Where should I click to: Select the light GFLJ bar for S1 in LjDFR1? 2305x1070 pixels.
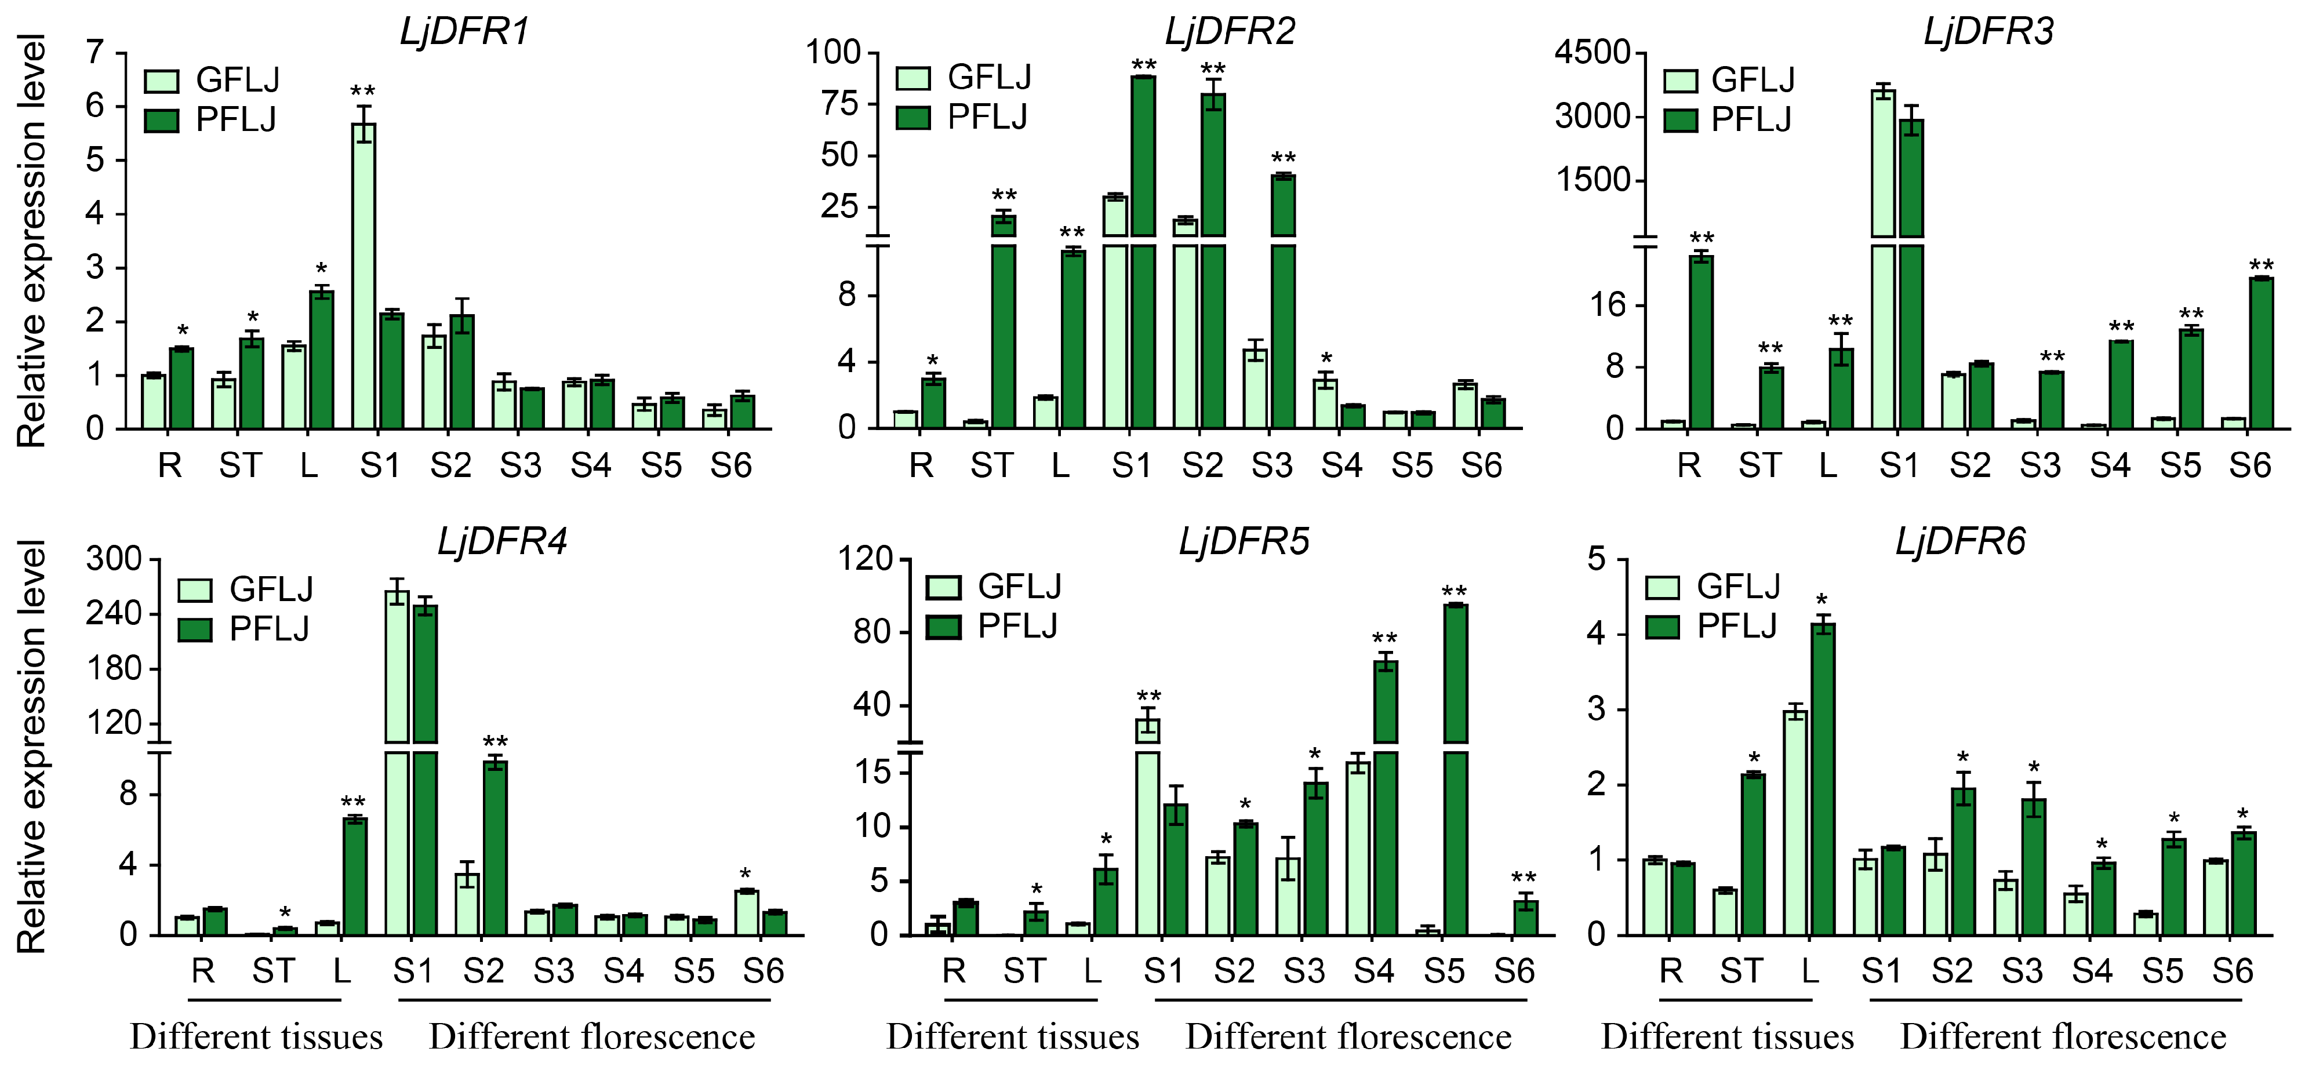coord(363,277)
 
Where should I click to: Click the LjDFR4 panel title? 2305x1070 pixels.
coord(502,542)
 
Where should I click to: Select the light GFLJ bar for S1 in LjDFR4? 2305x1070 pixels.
coord(397,760)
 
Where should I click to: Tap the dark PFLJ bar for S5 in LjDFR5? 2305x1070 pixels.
coord(1455,769)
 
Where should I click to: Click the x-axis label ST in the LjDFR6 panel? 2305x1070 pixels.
coord(1740,971)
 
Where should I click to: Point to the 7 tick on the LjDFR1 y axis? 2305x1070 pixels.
coord(95,53)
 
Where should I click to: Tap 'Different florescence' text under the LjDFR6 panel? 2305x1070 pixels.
coord(2063,1038)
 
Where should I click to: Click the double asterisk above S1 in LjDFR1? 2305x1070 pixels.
coord(362,91)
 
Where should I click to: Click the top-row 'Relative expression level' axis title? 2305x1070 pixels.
coord(32,242)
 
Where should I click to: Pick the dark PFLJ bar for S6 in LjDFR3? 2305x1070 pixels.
coord(2261,354)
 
